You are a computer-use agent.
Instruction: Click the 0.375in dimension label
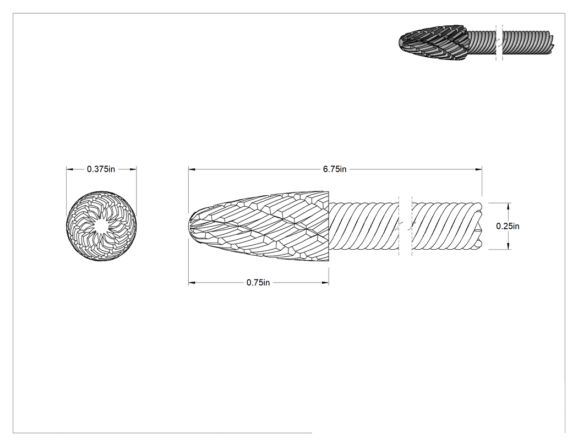pyautogui.click(x=101, y=169)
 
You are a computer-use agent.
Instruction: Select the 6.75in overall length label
pyautogui.click(x=335, y=169)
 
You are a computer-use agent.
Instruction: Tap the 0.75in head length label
pyautogui.click(x=258, y=283)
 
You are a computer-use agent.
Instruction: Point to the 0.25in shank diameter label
pyautogui.click(x=508, y=226)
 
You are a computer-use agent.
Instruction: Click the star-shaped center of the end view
pyautogui.click(x=101, y=226)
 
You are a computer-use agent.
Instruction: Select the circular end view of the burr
pyautogui.click(x=101, y=226)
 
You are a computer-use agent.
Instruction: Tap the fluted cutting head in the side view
pyautogui.click(x=259, y=226)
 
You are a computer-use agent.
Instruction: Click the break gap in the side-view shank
pyautogui.click(x=405, y=226)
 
